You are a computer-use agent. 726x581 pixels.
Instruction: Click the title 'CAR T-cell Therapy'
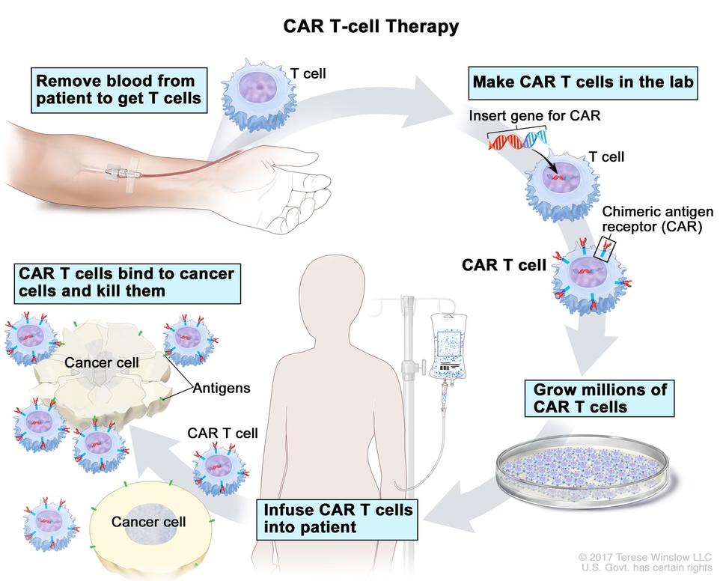370,27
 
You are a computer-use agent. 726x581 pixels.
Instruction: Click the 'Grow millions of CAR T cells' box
600,398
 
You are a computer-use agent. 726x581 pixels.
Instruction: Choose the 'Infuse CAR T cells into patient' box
337,518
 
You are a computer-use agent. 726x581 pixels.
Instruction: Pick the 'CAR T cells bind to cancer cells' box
126,282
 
